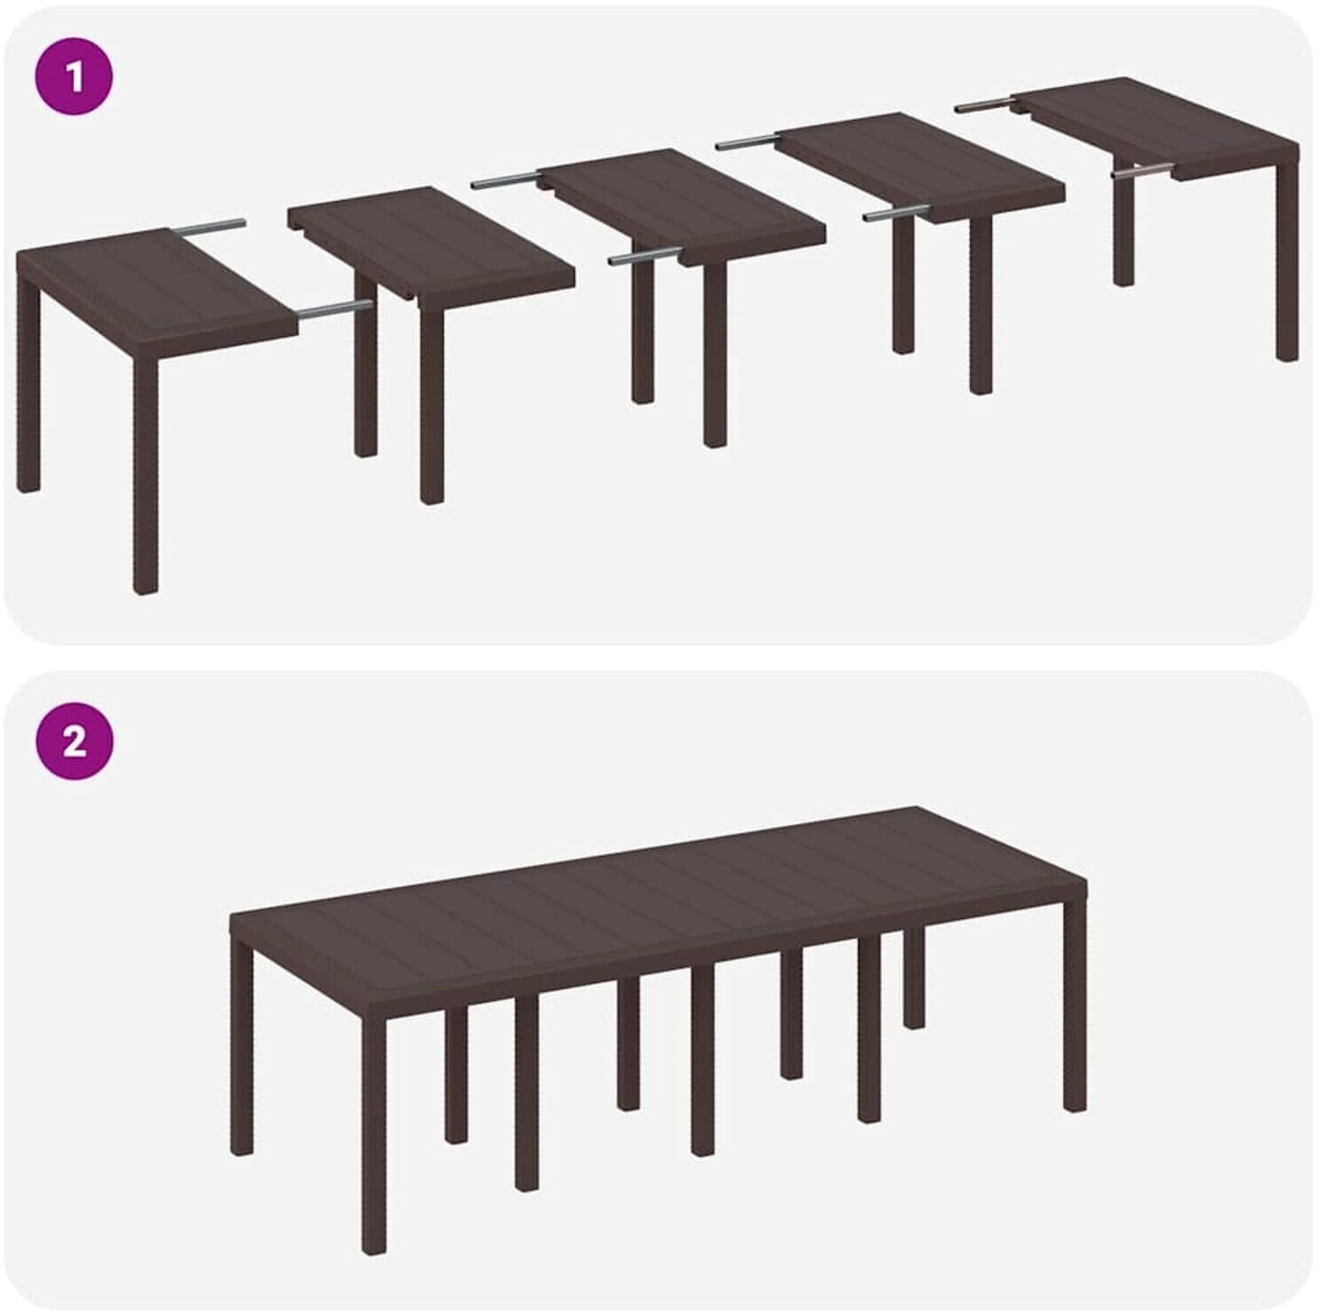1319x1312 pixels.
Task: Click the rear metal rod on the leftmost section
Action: [x=209, y=227]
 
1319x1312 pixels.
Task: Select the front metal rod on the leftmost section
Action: [x=335, y=309]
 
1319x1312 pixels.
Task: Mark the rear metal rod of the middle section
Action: [x=506, y=182]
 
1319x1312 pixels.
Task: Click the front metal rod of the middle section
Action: [x=644, y=258]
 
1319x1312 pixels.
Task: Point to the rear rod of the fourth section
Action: [x=746, y=140]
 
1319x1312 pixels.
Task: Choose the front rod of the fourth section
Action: [x=896, y=214]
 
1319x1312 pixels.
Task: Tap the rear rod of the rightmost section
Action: [x=985, y=105]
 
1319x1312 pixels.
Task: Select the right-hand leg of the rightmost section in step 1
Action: [x=1287, y=266]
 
